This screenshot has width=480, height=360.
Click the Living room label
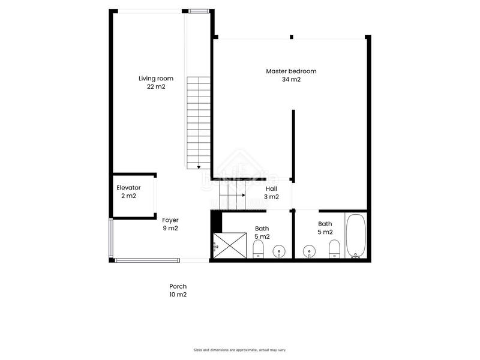pos(155,79)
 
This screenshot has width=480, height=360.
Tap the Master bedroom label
pos(291,71)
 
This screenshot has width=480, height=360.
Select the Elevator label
pos(128,188)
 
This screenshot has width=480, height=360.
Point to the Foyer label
pos(170,220)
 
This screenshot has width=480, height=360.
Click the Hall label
pos(271,188)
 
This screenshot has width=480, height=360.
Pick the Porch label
pos(178,286)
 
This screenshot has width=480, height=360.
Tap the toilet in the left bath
pos(259,248)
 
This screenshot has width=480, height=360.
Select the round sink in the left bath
pos(279,251)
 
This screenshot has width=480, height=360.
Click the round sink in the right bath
pos(309,251)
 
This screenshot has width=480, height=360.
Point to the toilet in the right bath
pos(335,248)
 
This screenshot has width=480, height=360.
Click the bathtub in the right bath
pos(356,236)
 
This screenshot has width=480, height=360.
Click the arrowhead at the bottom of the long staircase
pos(198,167)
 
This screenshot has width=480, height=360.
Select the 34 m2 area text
pos(291,79)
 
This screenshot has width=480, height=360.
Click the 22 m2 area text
pos(155,86)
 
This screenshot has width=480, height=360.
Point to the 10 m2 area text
pos(178,295)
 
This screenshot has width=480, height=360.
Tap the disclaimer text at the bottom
pos(239,350)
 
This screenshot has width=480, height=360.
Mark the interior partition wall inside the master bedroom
pos(293,144)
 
